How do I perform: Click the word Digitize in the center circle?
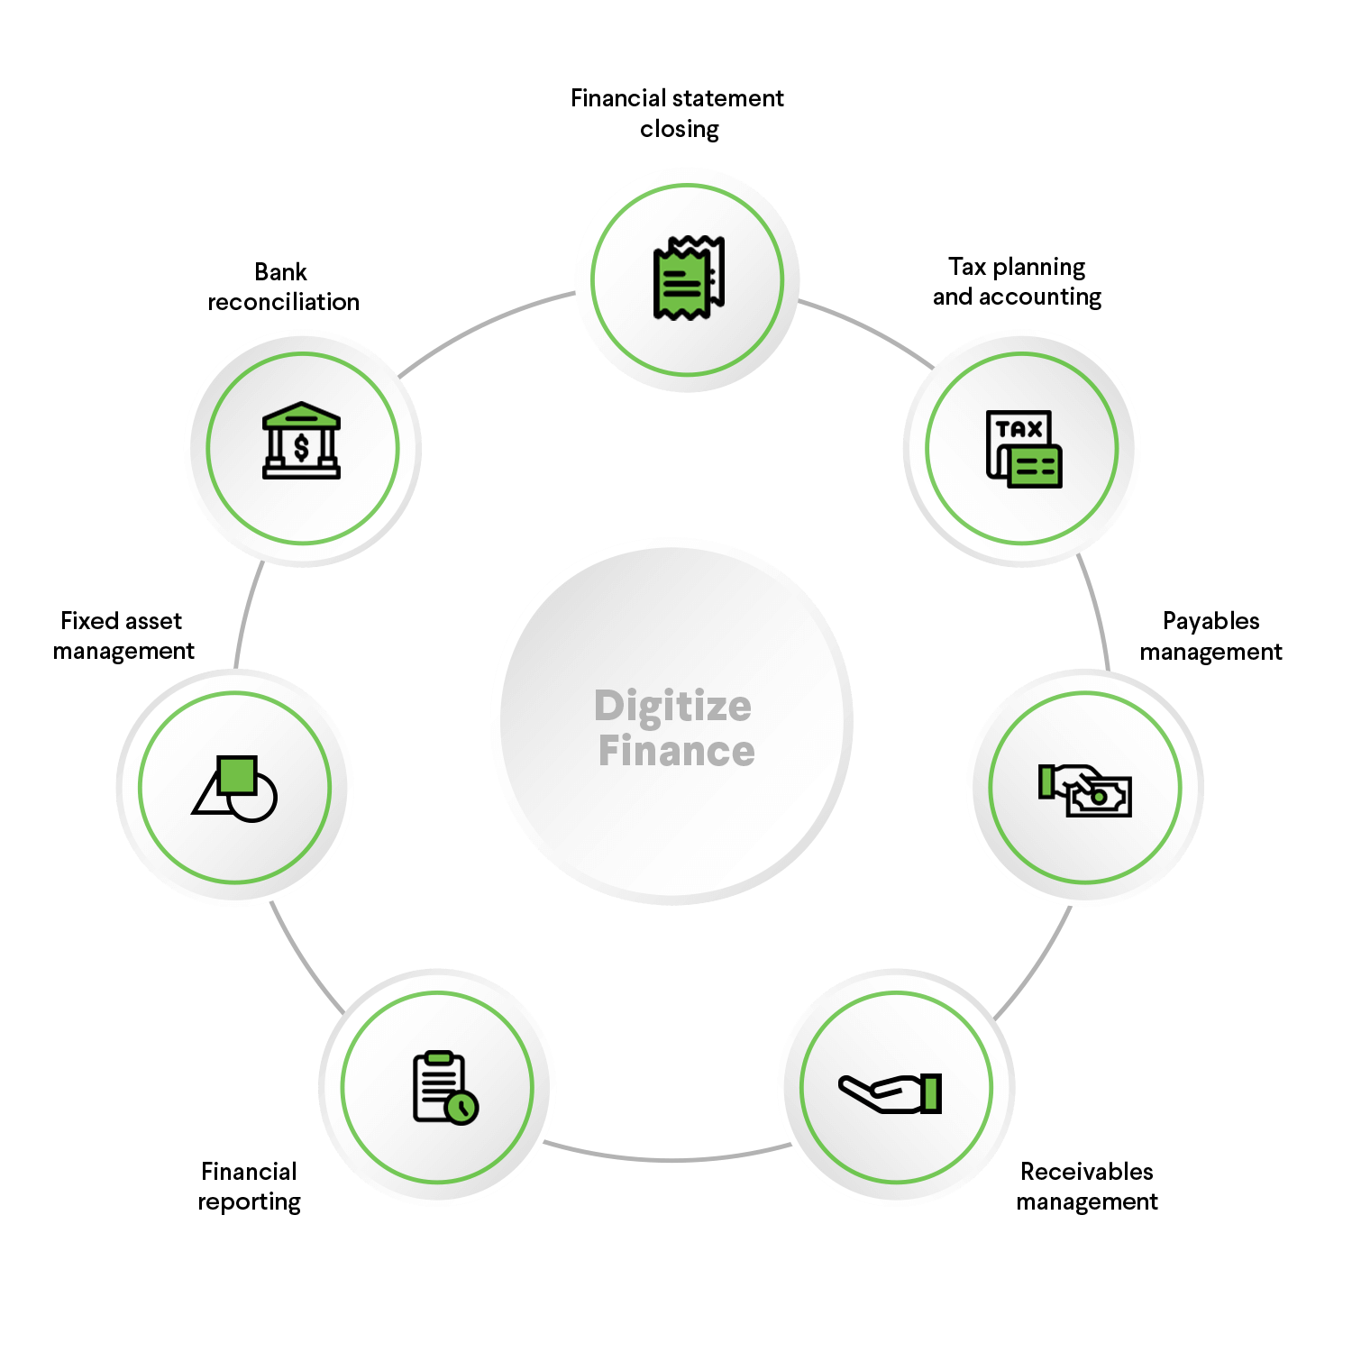pyautogui.click(x=672, y=706)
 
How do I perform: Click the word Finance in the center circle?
pyautogui.click(x=676, y=751)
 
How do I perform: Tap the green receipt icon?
pyautogui.click(x=687, y=279)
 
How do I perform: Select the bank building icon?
pyautogui.click(x=301, y=441)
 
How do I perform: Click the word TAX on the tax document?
pyautogui.click(x=1019, y=429)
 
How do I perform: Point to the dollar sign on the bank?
pyautogui.click(x=301, y=448)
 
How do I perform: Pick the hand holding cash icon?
pyautogui.click(x=1084, y=790)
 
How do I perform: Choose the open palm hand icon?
pyautogui.click(x=890, y=1092)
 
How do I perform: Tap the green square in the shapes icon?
pyautogui.click(x=238, y=774)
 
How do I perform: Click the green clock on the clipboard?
pyautogui.click(x=462, y=1107)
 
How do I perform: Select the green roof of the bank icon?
pyautogui.click(x=301, y=416)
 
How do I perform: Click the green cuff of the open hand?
pyautogui.click(x=932, y=1092)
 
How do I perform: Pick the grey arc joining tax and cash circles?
pyautogui.click(x=1096, y=613)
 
